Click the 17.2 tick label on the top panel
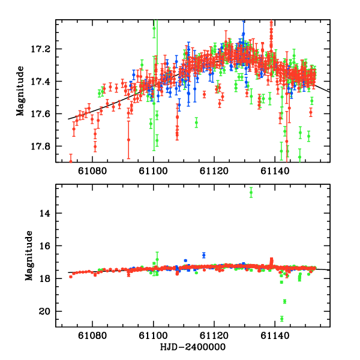[44, 49]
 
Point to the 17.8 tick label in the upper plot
[44, 146]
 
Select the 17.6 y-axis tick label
[44, 114]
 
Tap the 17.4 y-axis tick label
[44, 82]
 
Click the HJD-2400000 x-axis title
[193, 347]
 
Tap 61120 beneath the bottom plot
[214, 337]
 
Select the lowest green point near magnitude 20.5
[281, 319]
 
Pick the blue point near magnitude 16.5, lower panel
[204, 255]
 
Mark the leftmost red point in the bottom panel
[71, 277]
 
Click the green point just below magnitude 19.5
[284, 301]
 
